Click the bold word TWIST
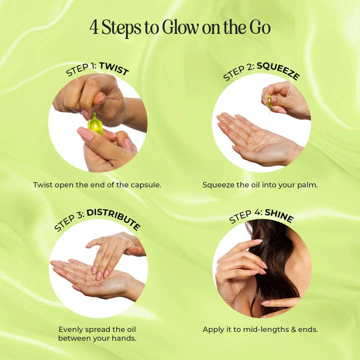[x=113, y=68]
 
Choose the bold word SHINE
[x=279, y=215]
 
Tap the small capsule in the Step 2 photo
[x=269, y=101]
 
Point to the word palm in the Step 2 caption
[x=308, y=185]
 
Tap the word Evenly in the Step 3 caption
[x=71, y=329]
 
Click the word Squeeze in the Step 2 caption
[x=218, y=185]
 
